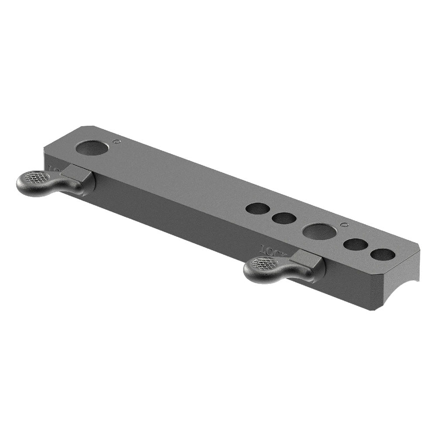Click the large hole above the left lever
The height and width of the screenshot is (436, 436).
(92, 148)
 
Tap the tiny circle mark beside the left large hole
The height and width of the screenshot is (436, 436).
(116, 141)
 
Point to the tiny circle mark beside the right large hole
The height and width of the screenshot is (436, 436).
(344, 225)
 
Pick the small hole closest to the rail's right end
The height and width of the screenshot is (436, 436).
(383, 254)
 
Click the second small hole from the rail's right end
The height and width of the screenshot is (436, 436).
(355, 245)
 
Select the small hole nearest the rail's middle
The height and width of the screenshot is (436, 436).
(258, 208)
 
